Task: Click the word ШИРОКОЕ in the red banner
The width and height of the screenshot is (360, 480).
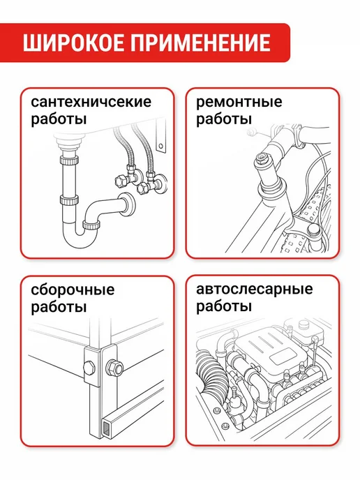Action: click(73, 43)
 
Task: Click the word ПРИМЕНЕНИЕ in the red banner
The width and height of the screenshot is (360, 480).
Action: click(201, 43)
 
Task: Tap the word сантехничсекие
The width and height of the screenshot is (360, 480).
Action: click(91, 102)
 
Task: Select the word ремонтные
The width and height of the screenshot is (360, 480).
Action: click(239, 103)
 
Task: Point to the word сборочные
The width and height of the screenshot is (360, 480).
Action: click(73, 290)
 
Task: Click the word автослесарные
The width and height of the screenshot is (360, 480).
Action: click(255, 289)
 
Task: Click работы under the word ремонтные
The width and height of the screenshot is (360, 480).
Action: click(224, 119)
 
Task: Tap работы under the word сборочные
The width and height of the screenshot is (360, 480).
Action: click(59, 307)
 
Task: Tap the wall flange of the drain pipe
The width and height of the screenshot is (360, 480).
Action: click(127, 204)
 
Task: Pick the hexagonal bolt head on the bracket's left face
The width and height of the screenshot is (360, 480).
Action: click(89, 367)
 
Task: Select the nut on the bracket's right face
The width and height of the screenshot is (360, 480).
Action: click(115, 368)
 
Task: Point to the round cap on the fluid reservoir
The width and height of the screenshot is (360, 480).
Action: click(304, 324)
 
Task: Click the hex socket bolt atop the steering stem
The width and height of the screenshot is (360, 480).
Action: click(262, 158)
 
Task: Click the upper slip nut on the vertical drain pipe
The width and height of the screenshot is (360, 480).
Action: click(69, 160)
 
